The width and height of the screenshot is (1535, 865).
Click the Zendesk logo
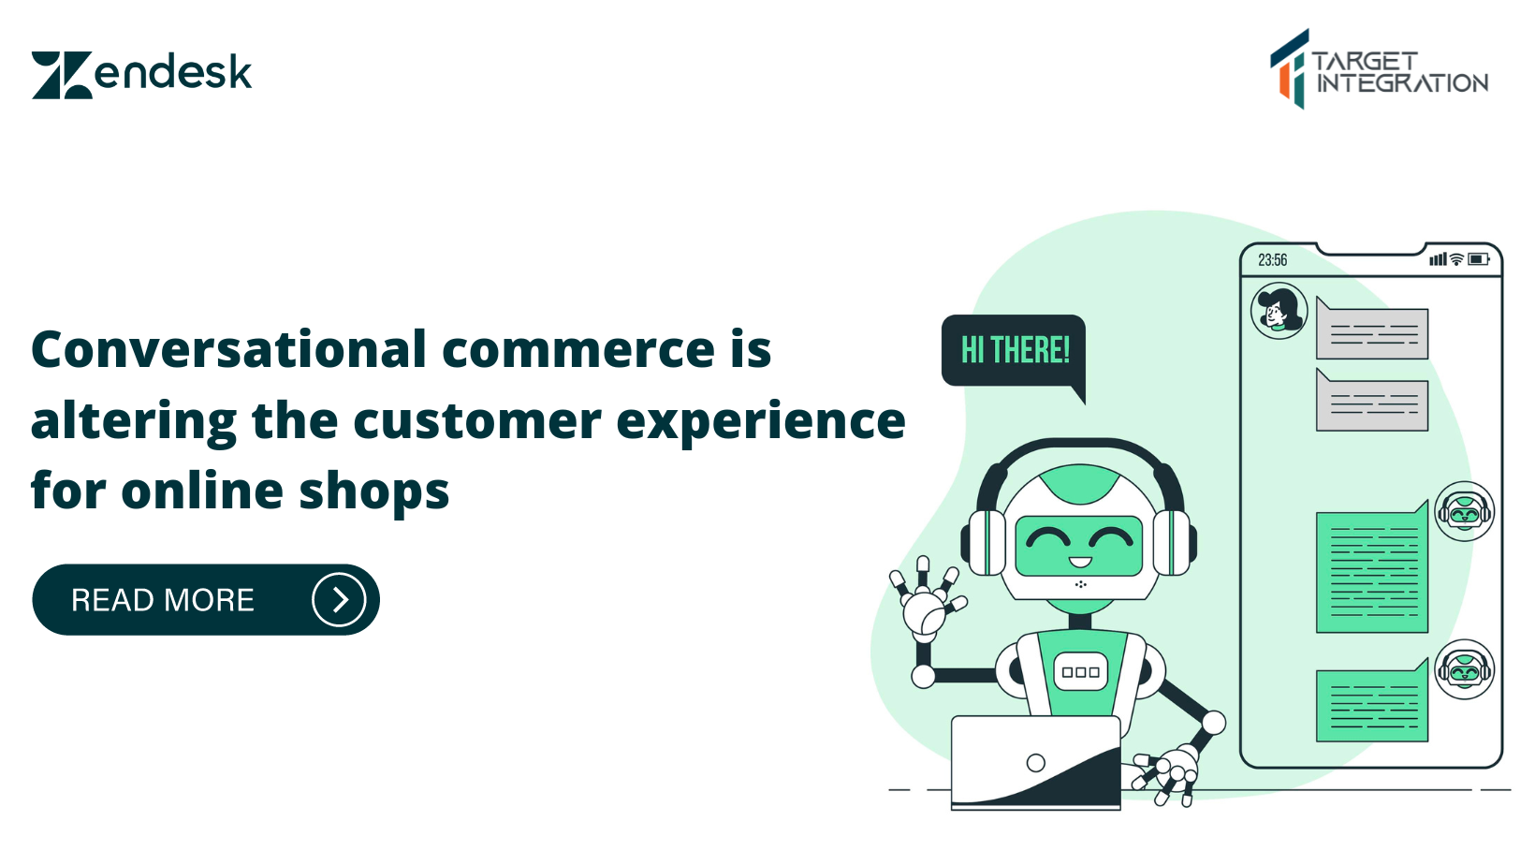(x=141, y=74)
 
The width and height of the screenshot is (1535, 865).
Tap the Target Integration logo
(x=1379, y=69)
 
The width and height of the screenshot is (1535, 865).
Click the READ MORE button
(x=205, y=600)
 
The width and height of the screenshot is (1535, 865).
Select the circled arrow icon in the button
(x=339, y=600)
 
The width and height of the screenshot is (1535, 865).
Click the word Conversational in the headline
(x=229, y=350)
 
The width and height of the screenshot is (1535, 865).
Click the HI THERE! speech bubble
(x=1015, y=351)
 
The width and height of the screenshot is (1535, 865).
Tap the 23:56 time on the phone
(x=1272, y=260)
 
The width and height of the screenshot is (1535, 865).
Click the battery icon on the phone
(x=1479, y=259)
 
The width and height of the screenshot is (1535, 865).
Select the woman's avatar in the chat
(x=1279, y=311)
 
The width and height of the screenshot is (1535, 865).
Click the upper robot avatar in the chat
(x=1464, y=511)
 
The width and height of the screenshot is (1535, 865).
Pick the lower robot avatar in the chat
(x=1464, y=669)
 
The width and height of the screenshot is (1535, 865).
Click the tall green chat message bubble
(x=1372, y=572)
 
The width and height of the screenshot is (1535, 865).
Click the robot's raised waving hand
(x=927, y=600)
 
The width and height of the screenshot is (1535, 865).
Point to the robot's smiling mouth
(x=1080, y=563)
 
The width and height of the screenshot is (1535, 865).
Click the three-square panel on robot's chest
(x=1080, y=672)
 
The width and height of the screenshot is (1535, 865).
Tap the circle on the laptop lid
(x=1035, y=763)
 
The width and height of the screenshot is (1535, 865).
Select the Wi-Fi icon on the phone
(x=1456, y=259)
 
